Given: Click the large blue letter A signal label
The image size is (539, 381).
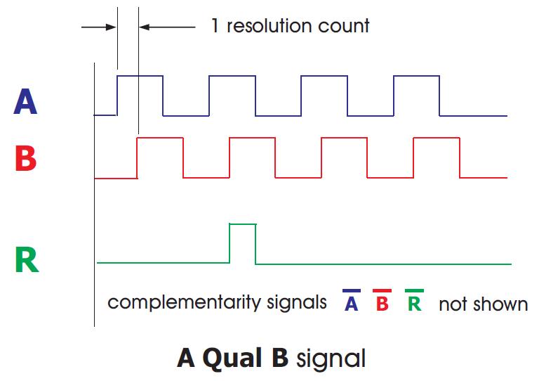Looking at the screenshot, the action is (25, 101).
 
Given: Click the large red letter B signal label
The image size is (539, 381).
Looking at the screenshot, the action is (26, 158).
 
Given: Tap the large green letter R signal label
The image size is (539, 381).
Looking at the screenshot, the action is (27, 259).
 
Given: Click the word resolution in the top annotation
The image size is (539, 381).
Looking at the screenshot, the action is (269, 26).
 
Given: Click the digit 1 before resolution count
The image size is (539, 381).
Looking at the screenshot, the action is (215, 26).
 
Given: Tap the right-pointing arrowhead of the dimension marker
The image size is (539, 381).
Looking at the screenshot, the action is (112, 27).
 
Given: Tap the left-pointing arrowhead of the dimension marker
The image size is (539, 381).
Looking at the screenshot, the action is (145, 27).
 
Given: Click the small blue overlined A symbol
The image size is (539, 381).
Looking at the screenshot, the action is (352, 300).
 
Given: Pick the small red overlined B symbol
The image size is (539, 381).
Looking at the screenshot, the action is (382, 300).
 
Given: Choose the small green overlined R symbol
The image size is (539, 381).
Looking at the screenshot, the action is (414, 300).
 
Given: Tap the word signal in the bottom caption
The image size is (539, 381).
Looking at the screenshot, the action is (331, 360).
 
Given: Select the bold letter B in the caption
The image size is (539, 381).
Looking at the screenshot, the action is (280, 358).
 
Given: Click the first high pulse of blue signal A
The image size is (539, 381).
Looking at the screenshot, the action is (140, 76).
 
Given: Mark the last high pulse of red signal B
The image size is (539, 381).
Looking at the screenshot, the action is (437, 138).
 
